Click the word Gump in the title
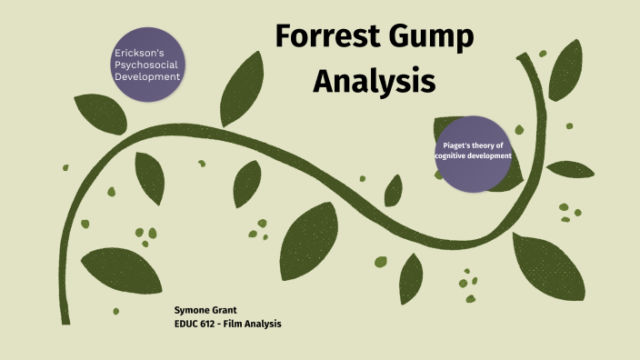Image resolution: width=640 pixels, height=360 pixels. point(435,39)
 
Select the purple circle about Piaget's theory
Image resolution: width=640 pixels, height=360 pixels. point(472,154)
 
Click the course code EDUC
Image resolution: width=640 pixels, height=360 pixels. point(187,324)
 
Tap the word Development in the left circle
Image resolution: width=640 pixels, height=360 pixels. point(146,76)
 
